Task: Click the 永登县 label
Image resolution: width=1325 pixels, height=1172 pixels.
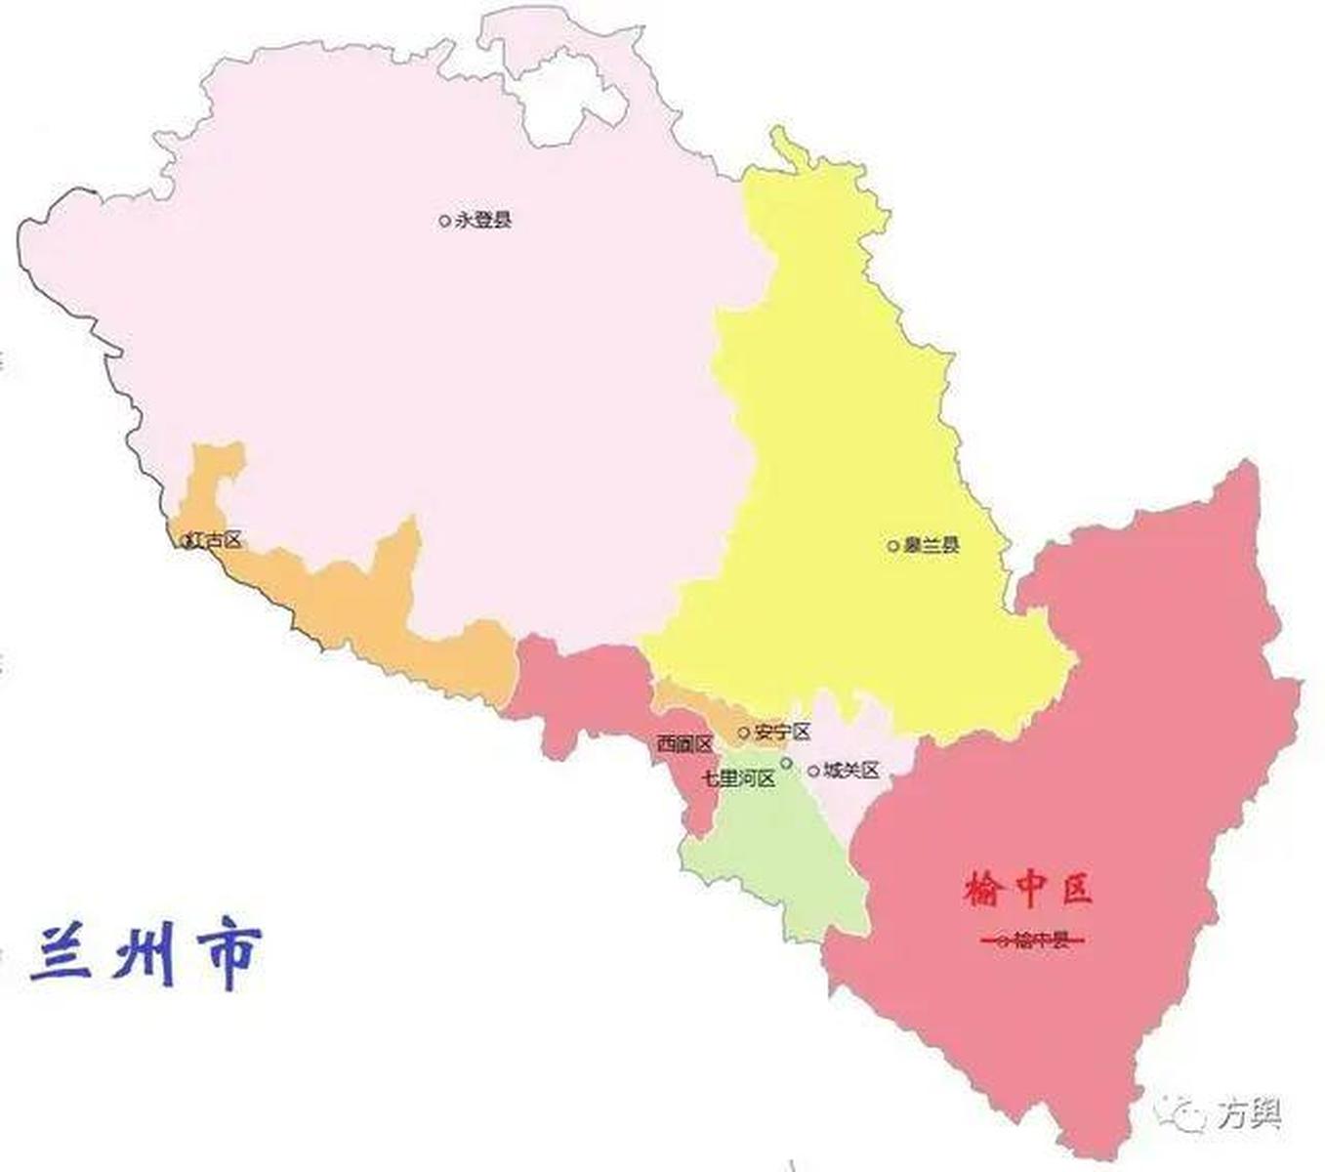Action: coord(483,221)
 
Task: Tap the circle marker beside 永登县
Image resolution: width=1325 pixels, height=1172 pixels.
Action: coord(445,221)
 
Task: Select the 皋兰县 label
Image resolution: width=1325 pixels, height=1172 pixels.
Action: coord(931,545)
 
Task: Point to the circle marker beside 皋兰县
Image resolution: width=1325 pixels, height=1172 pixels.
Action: coord(892,546)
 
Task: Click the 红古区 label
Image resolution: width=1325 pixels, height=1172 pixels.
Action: coord(217,539)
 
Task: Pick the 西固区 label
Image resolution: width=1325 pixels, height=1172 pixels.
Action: coord(684,744)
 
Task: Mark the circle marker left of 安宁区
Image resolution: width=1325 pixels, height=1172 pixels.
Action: coord(744,732)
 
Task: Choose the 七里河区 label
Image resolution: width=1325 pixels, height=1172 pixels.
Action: coord(739,779)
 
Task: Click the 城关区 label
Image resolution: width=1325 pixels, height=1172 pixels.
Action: coord(851,771)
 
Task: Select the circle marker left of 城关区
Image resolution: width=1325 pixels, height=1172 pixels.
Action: coord(813,772)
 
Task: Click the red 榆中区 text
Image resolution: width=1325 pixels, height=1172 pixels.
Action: coord(1028,889)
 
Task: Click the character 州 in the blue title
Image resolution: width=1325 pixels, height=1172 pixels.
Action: coord(144,953)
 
